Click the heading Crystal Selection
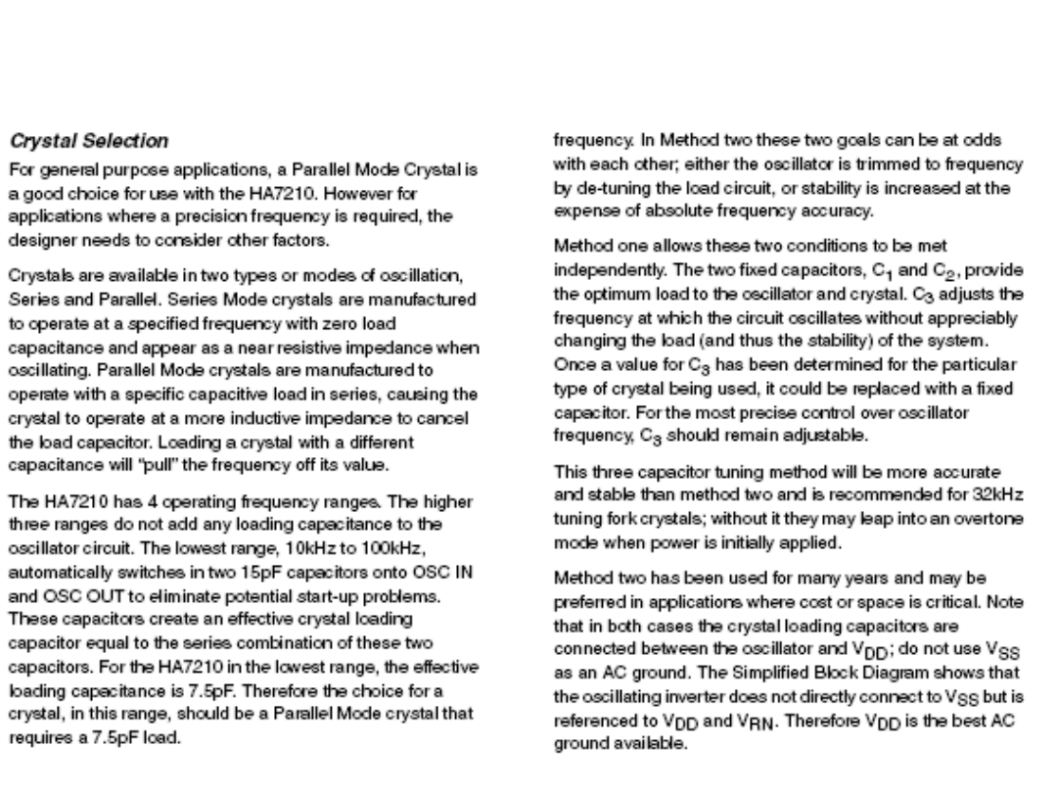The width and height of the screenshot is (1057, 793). pyautogui.click(x=74, y=140)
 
